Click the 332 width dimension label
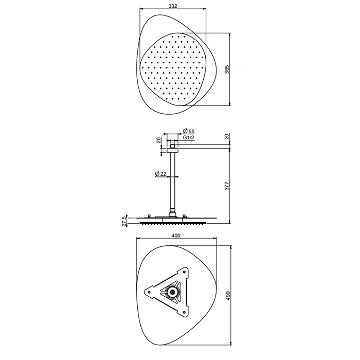(x=173, y=6)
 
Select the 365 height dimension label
(x=227, y=69)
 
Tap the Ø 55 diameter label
(x=189, y=131)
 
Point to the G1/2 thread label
(x=189, y=137)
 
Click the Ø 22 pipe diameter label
(x=160, y=174)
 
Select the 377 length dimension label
(x=227, y=186)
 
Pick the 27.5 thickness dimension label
(x=124, y=221)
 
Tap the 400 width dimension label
(x=176, y=236)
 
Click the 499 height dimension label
(x=227, y=296)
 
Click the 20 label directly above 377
(x=227, y=136)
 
